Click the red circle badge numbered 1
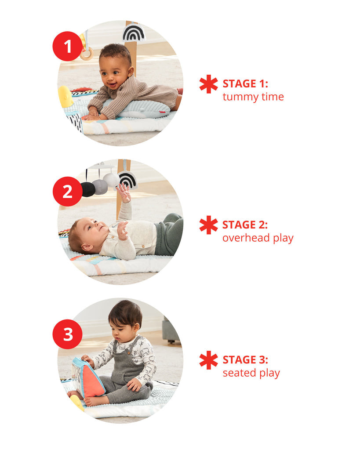pyautogui.click(x=67, y=46)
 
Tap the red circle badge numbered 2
pyautogui.click(x=67, y=191)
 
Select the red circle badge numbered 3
pyautogui.click(x=67, y=334)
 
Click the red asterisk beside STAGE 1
pyautogui.click(x=208, y=84)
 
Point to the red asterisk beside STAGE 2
pyautogui.click(x=208, y=225)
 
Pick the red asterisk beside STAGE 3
pyautogui.click(x=208, y=360)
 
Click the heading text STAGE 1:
pyautogui.click(x=245, y=84)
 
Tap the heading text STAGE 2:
pyautogui.click(x=245, y=225)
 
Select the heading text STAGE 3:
pyautogui.click(x=245, y=360)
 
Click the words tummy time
pyautogui.click(x=253, y=97)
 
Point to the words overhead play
pyautogui.click(x=258, y=238)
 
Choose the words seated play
pyautogui.click(x=251, y=374)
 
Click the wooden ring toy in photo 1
pyautogui.click(x=87, y=54)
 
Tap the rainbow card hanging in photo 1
pyautogui.click(x=134, y=33)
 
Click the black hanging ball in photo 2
pyautogui.click(x=87, y=189)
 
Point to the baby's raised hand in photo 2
pyautogui.click(x=124, y=192)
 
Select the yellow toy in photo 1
pyautogui.click(x=65, y=96)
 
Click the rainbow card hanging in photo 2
pyautogui.click(x=128, y=179)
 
